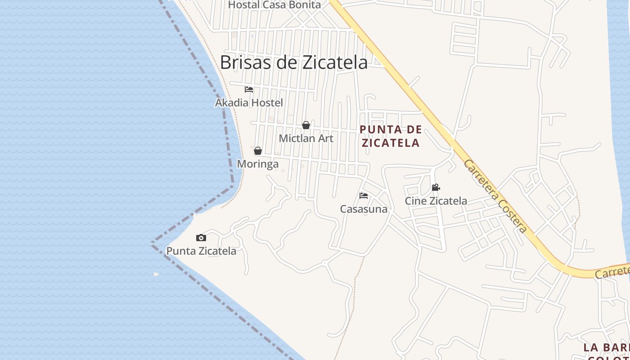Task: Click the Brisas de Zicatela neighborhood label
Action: (293, 62)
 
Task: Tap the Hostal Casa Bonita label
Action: (274, 5)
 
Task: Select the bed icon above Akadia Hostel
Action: (249, 90)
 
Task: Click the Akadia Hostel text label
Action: (249, 103)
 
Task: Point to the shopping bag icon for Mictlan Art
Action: (306, 125)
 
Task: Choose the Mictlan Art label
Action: (306, 138)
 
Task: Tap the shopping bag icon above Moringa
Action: (258, 151)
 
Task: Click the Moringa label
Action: (258, 164)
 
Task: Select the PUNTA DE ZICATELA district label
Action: (391, 136)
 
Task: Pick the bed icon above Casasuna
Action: (364, 196)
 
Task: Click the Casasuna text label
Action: (364, 209)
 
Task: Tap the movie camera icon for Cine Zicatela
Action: (436, 188)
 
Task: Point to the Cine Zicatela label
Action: (436, 201)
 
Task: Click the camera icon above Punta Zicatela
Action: (201, 238)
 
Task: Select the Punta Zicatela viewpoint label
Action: (201, 251)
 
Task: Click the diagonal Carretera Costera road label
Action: (495, 196)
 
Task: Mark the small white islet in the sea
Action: (156, 274)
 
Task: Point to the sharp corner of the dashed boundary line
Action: (152, 243)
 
